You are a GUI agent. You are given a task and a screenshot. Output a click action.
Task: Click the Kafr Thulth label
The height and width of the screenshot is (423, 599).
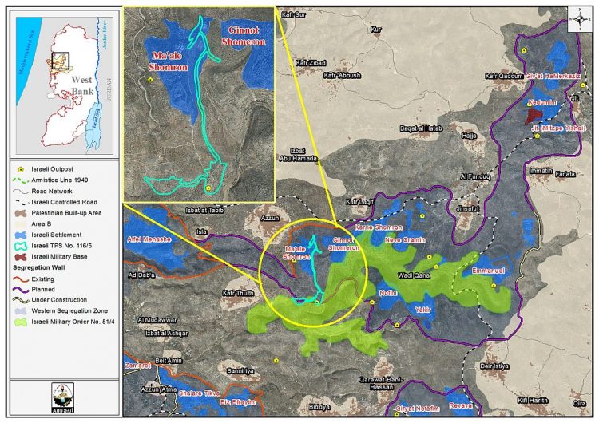point(238,295)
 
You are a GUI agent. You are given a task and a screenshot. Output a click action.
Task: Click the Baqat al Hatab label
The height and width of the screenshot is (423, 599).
point(419,128)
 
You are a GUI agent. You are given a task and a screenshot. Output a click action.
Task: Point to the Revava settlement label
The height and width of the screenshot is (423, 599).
point(462,405)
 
